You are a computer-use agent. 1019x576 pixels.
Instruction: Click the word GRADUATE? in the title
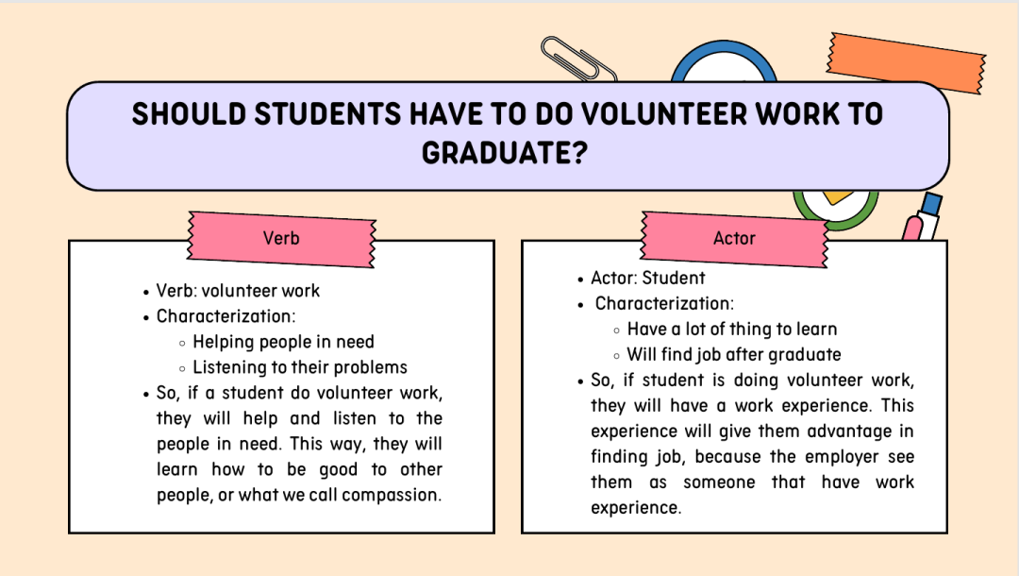pyautogui.click(x=504, y=153)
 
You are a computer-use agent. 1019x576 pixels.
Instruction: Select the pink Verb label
pyautogui.click(x=281, y=239)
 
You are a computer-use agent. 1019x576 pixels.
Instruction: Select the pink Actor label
pyautogui.click(x=734, y=239)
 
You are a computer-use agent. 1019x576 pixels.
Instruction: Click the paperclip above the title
pyautogui.click(x=577, y=59)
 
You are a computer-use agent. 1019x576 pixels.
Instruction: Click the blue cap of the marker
pyautogui.click(x=931, y=203)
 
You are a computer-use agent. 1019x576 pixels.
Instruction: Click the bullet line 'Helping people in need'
pyautogui.click(x=283, y=342)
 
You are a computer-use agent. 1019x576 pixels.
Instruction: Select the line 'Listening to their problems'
pyautogui.click(x=300, y=367)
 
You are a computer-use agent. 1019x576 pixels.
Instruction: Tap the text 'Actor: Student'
pyautogui.click(x=648, y=279)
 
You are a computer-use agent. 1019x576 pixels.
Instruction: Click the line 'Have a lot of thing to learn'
pyautogui.click(x=732, y=329)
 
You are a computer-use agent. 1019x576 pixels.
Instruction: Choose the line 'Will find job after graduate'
pyautogui.click(x=734, y=354)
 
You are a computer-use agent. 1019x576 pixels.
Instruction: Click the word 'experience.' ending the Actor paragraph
pyautogui.click(x=636, y=508)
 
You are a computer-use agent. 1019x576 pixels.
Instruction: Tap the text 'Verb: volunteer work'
pyautogui.click(x=238, y=291)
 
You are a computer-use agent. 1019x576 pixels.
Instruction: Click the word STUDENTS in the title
pyautogui.click(x=327, y=114)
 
